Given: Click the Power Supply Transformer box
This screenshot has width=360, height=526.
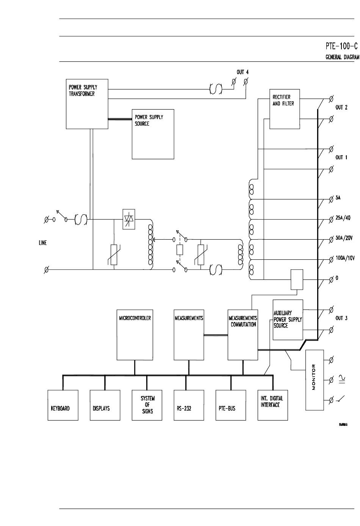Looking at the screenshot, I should tap(87, 104).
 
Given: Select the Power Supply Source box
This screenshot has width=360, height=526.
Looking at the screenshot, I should tap(153, 134).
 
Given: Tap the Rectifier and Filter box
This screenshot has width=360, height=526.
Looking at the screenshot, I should tap(285, 109).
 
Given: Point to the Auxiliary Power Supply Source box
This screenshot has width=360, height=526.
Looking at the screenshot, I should tap(288, 320).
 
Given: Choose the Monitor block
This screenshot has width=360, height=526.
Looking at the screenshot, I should tap(314, 380).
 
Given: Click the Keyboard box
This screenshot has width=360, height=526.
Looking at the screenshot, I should tap(63, 405).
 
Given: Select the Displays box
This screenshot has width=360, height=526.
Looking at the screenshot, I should tap(105, 405).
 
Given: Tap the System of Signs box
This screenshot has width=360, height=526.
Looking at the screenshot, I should tap(147, 405).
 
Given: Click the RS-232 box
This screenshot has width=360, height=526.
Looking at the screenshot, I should tap(189, 405).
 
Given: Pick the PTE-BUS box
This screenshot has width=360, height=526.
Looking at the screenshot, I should tap(231, 405).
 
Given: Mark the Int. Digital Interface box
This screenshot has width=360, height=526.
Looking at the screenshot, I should tap(272, 405).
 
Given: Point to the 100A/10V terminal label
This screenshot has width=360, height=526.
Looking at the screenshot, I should tap(345, 258).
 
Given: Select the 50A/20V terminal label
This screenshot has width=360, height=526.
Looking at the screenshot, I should tap(344, 238).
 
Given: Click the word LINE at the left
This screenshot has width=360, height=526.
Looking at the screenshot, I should tap(43, 243).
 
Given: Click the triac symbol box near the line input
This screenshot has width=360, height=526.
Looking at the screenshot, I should tap(129, 219).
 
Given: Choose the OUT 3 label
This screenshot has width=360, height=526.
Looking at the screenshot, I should tap(341, 318).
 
